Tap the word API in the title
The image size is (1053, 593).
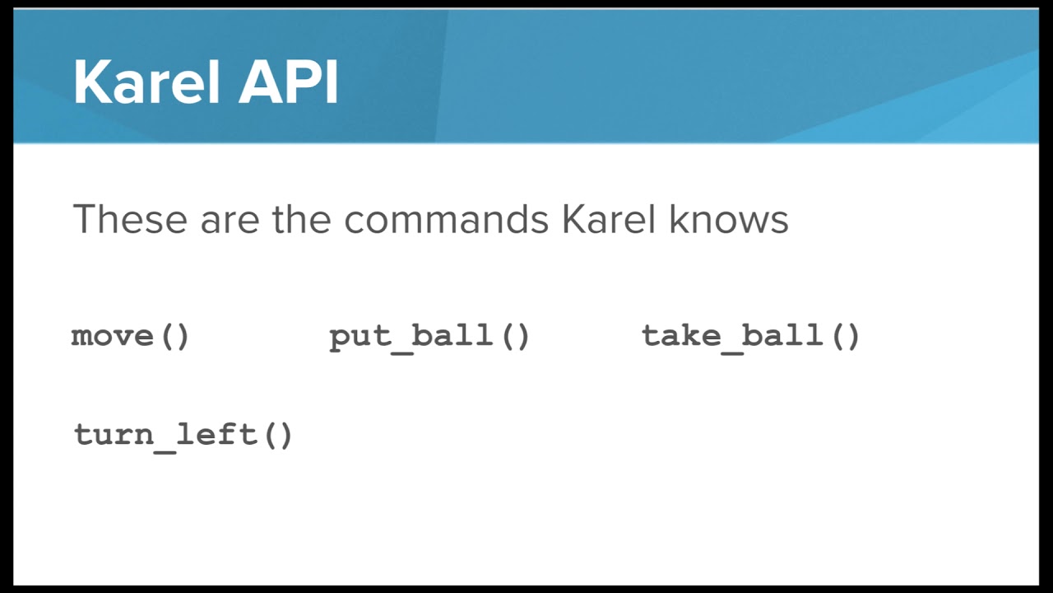click(289, 82)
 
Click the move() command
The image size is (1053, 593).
click(131, 336)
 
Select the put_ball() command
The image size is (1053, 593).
click(429, 336)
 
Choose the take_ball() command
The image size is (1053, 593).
click(750, 336)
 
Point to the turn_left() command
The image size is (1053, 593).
click(183, 434)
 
